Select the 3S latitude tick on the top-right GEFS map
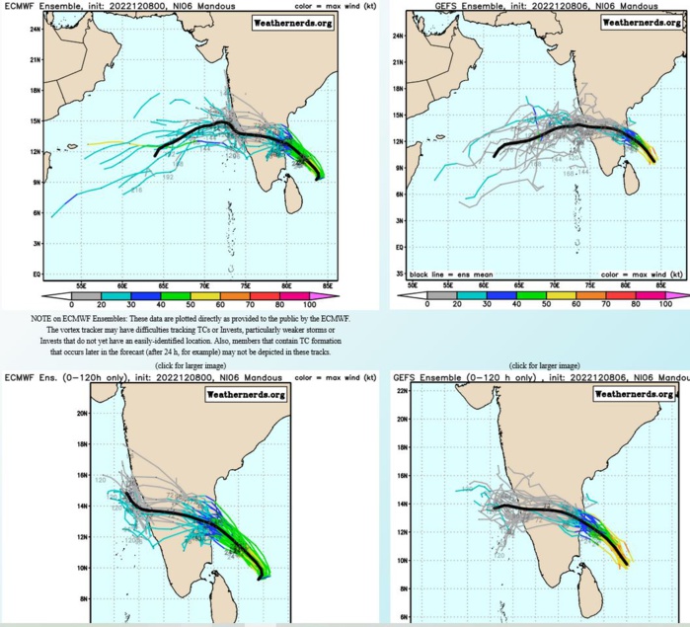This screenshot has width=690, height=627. coord(399,272)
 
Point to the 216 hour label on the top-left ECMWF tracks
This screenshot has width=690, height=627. coord(136,191)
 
